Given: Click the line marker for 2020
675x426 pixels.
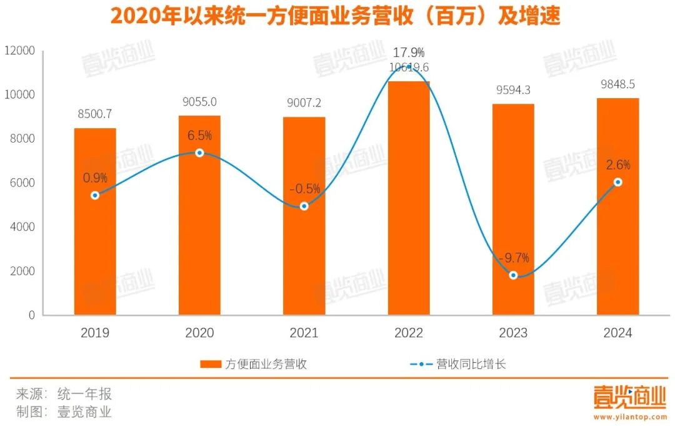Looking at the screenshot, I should [x=199, y=153].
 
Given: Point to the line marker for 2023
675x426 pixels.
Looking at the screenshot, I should [x=513, y=275].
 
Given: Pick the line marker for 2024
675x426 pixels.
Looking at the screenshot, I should [x=617, y=182].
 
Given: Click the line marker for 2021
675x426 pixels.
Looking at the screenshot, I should [x=304, y=206].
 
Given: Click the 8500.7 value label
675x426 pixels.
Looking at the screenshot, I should [x=95, y=114].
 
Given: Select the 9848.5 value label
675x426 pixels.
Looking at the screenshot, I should [x=617, y=84].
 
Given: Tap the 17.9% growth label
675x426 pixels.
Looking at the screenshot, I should [x=409, y=53].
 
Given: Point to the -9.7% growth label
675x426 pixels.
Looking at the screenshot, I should [x=513, y=257].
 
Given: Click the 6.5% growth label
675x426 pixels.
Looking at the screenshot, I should [x=199, y=135].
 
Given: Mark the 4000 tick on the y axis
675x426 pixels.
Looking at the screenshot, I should [x=23, y=227].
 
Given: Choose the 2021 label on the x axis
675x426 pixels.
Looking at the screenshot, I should [x=304, y=333].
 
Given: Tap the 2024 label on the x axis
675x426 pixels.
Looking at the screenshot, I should [x=617, y=333].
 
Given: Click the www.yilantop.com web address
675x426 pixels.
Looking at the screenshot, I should [x=630, y=417].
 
